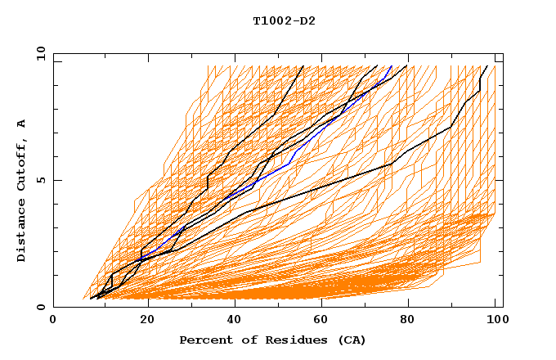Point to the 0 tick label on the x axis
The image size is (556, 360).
pyautogui.click(x=53, y=319)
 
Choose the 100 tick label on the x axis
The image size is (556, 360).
pyautogui.click(x=496, y=319)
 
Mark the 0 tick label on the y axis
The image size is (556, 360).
pyautogui.click(x=40, y=307)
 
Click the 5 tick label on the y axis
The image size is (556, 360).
pyautogui.click(x=40, y=180)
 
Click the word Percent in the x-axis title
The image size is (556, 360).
pyautogui.click(x=202, y=340)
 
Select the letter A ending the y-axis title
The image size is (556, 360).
pyautogui.click(x=22, y=124)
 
